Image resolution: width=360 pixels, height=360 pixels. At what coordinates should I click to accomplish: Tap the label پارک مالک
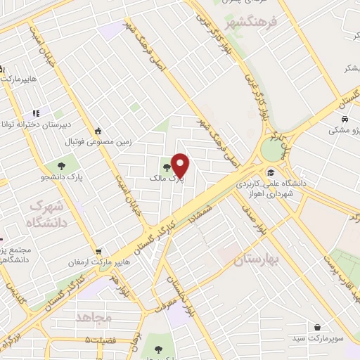point(166,179)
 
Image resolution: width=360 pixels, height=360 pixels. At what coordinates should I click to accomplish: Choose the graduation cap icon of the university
point(271,173)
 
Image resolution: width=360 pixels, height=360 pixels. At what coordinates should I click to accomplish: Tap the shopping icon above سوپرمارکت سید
point(319,327)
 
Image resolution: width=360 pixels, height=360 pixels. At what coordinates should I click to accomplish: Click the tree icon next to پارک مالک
point(167,167)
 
